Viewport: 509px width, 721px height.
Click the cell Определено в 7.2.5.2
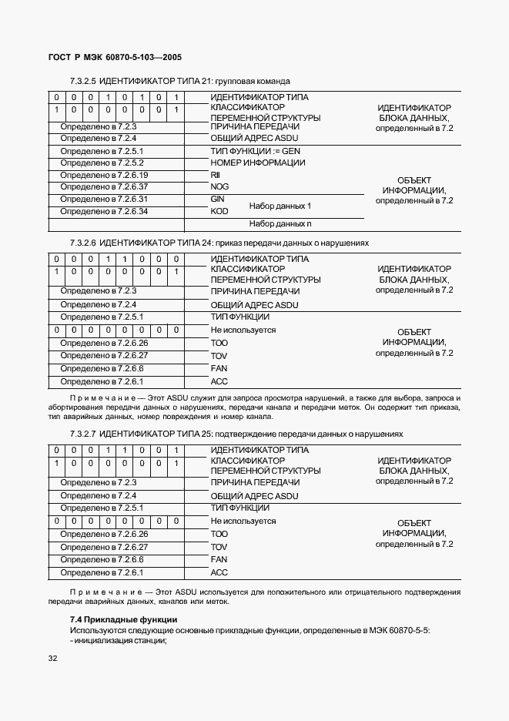tap(102, 163)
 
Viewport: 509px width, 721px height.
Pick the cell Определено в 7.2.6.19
tap(104, 175)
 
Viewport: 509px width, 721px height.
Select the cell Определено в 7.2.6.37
tap(104, 187)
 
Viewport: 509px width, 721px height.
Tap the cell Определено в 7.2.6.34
tap(104, 211)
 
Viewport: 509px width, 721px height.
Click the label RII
tap(215, 176)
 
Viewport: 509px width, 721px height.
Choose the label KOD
tap(219, 211)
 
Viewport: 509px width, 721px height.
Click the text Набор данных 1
tap(280, 206)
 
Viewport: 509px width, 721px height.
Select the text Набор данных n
tap(280, 224)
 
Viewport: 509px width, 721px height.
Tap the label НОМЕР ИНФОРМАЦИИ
tap(257, 163)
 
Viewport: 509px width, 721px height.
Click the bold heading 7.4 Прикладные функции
tap(123, 619)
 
